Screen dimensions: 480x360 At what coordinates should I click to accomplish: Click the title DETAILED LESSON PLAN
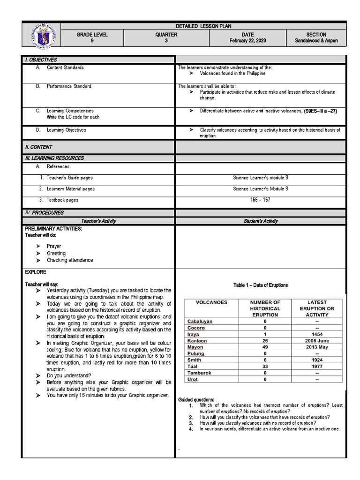pyautogui.click(x=203, y=27)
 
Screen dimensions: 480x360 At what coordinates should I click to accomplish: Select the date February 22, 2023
pyautogui.click(x=247, y=41)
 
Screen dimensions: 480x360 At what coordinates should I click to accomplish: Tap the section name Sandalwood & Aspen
pyautogui.click(x=316, y=41)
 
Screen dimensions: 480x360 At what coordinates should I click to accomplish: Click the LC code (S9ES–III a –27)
pyautogui.click(x=321, y=111)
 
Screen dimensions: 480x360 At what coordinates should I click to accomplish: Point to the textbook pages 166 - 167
pyautogui.click(x=261, y=200)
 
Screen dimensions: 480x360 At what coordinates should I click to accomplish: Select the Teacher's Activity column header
pyautogui.click(x=98, y=221)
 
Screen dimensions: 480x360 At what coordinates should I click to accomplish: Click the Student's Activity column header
pyautogui.click(x=261, y=221)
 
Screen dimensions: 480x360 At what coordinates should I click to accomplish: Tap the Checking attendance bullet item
pyautogui.click(x=70, y=260)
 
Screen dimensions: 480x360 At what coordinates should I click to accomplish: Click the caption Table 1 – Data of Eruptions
pyautogui.click(x=261, y=285)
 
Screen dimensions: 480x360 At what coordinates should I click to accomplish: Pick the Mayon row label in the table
pyautogui.click(x=195, y=347)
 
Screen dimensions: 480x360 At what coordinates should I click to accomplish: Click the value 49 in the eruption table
pyautogui.click(x=265, y=347)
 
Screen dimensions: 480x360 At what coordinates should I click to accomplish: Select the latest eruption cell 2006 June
pyautogui.click(x=317, y=341)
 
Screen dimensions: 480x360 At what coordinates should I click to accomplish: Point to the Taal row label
pyautogui.click(x=193, y=367)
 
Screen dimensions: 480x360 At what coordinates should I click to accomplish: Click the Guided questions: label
pyautogui.click(x=196, y=399)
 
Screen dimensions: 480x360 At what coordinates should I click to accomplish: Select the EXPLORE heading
pyautogui.click(x=35, y=272)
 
